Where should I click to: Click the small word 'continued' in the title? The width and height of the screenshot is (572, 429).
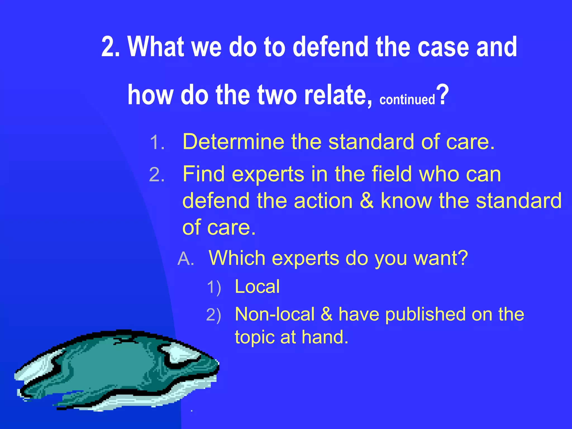pos(407,100)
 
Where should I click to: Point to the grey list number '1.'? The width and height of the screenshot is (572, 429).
pos(157,143)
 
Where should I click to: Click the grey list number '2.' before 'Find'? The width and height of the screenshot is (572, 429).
pos(157,175)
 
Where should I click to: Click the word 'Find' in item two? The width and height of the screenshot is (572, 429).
pos(204,174)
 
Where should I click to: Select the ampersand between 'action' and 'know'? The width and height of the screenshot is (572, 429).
pos(366,201)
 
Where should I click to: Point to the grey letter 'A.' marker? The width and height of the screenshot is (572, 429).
pos(186,259)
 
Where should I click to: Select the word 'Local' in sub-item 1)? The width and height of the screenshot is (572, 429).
pos(257,287)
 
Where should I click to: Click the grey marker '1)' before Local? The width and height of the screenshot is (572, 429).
pos(214,288)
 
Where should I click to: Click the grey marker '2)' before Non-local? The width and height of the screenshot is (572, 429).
pos(214,315)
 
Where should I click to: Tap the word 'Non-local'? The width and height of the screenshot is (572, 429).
pos(275,314)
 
